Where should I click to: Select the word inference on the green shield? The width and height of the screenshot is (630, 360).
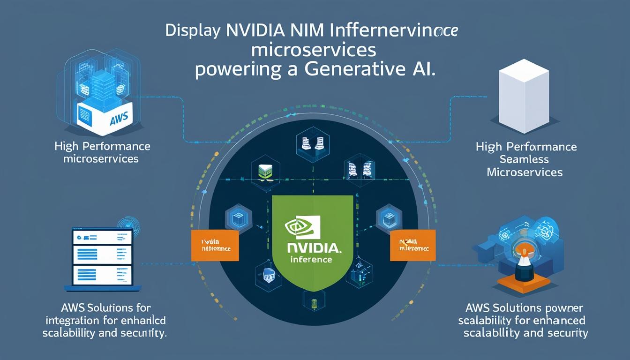(311, 259)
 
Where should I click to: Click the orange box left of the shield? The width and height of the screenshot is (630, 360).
(215, 245)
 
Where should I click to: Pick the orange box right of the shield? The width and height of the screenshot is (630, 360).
(413, 245)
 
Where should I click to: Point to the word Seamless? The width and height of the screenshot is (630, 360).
(525, 159)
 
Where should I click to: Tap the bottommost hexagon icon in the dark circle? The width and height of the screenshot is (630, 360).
(311, 300)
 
